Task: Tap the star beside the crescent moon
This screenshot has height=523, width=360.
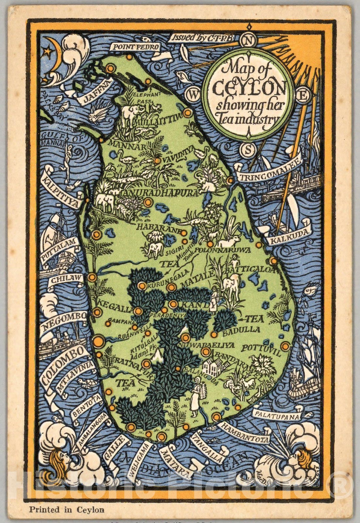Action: tap(48, 51)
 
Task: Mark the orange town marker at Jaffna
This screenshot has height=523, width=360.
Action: tap(110, 68)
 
